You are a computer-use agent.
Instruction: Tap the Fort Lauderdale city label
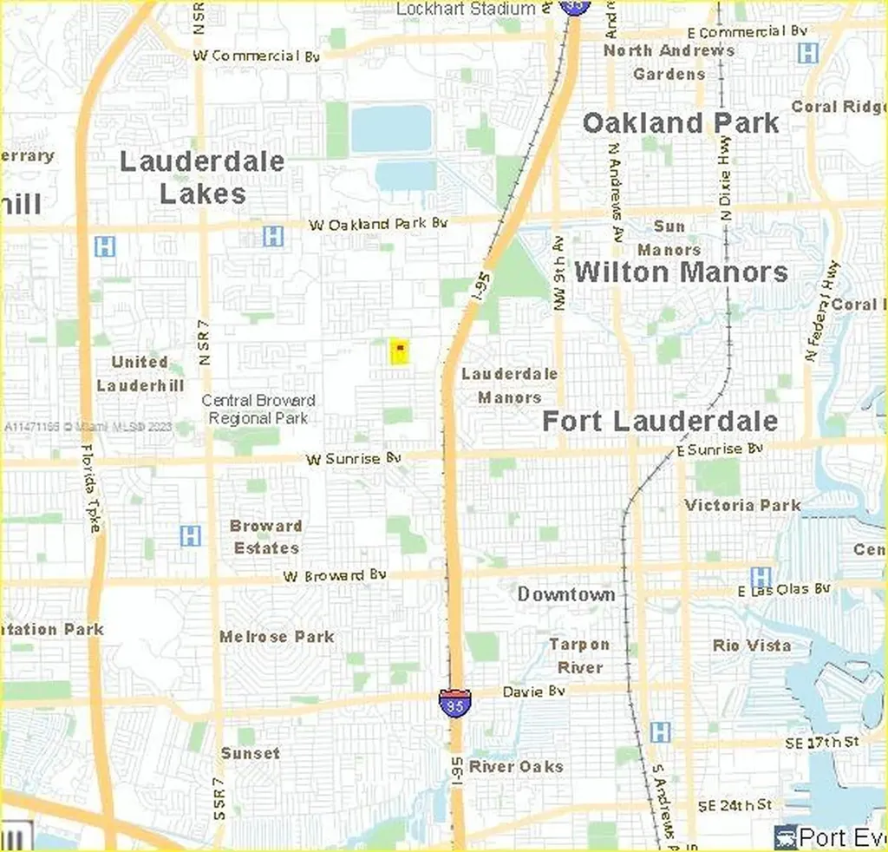[x=660, y=422]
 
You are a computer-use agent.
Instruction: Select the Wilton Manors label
[x=681, y=272]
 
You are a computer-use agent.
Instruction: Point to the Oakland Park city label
[x=681, y=123]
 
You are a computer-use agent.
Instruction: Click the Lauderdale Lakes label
[x=202, y=177]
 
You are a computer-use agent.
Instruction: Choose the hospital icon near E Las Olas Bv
[x=761, y=576]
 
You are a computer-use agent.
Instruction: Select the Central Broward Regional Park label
[x=258, y=409]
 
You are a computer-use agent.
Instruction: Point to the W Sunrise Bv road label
[x=355, y=458]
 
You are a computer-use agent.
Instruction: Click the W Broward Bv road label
[x=335, y=575]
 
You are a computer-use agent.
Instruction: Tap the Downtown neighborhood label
[x=566, y=594]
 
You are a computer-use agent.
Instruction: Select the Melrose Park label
[x=277, y=637]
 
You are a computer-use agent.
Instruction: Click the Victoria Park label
[x=742, y=505]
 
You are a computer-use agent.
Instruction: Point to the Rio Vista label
[x=752, y=646]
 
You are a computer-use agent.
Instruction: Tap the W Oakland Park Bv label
[x=378, y=224]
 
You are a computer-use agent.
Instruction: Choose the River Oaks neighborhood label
[x=516, y=767]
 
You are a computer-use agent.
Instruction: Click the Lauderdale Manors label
[x=509, y=385]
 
